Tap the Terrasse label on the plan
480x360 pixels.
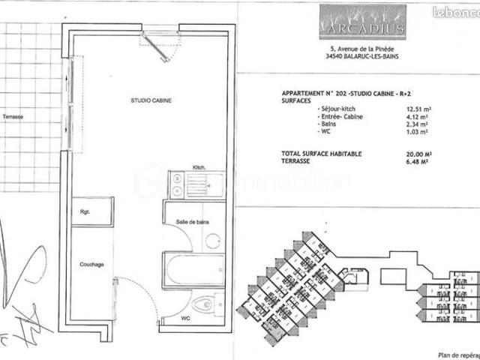(13, 118)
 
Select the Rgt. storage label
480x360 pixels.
(85, 213)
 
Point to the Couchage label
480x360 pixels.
(91, 264)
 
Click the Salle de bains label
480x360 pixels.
(191, 223)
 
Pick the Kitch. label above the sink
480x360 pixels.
(199, 167)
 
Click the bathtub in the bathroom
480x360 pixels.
(193, 270)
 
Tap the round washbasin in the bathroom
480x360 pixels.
(212, 241)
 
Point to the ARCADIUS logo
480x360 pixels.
(362, 22)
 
